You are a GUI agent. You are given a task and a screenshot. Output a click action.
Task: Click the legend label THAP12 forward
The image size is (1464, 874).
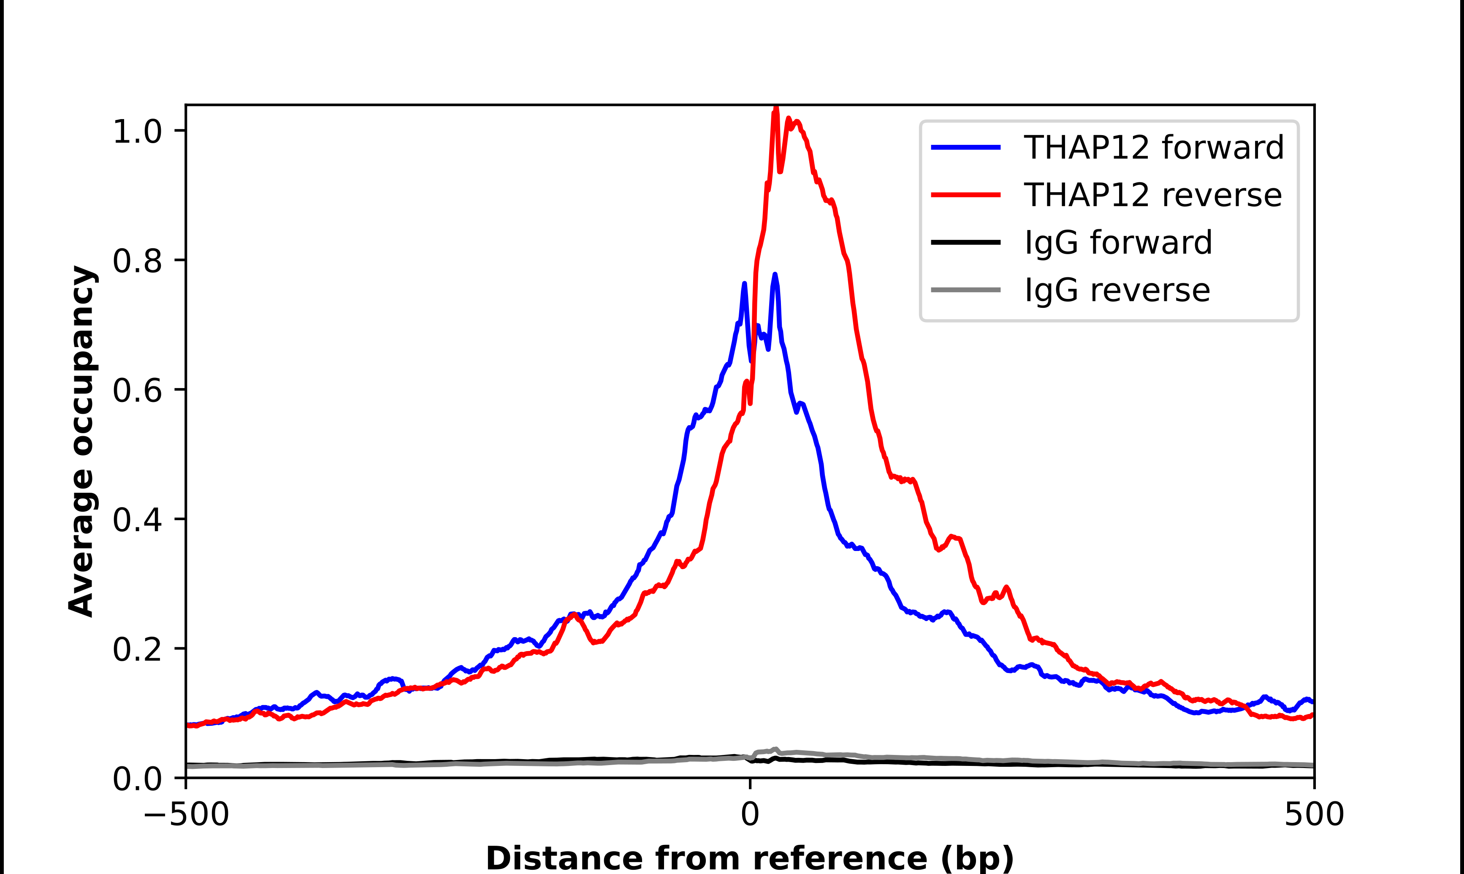point(1153,147)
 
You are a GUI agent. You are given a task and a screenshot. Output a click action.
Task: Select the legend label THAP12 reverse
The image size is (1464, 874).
point(1152,195)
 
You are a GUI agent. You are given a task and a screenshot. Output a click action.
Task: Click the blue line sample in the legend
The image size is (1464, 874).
point(965,147)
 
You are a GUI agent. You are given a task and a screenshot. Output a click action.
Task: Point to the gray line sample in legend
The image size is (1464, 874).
point(965,290)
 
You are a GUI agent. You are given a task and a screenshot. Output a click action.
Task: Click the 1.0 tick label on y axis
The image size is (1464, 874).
point(137,131)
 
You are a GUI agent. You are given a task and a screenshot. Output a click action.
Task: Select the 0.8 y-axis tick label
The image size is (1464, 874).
point(137,261)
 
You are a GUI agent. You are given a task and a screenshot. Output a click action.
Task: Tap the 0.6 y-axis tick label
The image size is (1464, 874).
point(137,391)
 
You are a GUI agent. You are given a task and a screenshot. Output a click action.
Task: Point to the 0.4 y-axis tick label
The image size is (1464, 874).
point(137,520)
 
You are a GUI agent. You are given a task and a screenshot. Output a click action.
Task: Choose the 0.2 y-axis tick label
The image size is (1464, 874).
point(137,650)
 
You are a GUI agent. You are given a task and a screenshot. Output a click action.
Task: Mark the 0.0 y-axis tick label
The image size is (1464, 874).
point(137,779)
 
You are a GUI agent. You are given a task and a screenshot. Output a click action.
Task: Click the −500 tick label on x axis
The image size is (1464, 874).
point(187,814)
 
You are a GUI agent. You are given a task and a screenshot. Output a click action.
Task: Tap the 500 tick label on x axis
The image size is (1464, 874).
point(1314,814)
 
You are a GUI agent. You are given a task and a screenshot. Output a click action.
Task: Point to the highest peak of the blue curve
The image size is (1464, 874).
point(775,274)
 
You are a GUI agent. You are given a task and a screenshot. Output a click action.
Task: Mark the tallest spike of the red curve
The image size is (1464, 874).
point(776,108)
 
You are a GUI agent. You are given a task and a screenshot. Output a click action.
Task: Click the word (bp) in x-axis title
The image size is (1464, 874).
point(977,859)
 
